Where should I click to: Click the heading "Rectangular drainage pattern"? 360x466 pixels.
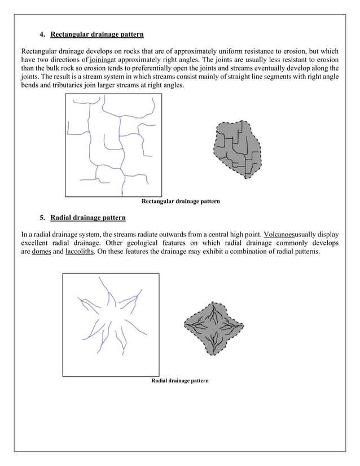pyautogui.click(x=96, y=34)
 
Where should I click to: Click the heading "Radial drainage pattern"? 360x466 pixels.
pyautogui.click(x=87, y=217)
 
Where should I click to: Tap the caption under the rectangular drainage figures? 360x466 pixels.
pyautogui.click(x=180, y=201)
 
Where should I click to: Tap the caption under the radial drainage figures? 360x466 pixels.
pyautogui.click(x=180, y=381)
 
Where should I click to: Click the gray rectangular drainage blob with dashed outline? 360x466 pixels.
pyautogui.click(x=236, y=150)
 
